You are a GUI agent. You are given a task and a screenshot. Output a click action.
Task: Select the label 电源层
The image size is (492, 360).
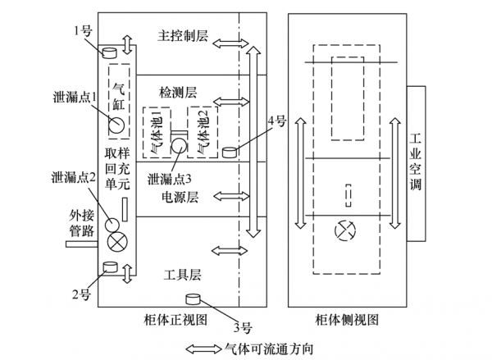coord(180,196)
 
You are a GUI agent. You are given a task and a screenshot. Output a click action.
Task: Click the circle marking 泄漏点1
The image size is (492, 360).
coord(116,125)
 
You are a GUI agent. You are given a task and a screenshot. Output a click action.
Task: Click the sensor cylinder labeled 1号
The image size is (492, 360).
coord(109,52)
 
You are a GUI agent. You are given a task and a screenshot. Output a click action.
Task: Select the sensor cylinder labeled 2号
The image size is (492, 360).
coord(109,267)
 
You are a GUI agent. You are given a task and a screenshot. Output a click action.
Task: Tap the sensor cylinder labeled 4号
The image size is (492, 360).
coord(230,152)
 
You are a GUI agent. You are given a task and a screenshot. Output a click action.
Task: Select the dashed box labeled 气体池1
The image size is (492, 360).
coord(156,132)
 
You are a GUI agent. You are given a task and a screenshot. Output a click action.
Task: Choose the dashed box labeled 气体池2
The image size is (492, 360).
coord(201,132)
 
